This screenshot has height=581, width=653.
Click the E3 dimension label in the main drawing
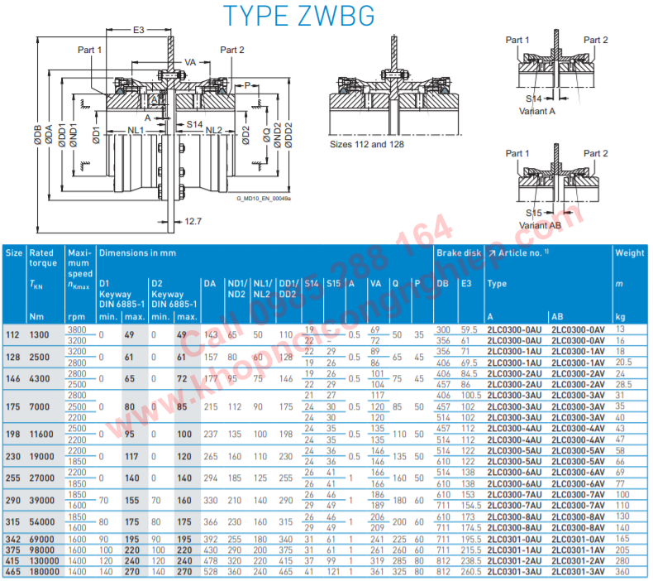(138, 30)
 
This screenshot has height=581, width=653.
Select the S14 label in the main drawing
(195, 124)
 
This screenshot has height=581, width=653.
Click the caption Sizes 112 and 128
(368, 143)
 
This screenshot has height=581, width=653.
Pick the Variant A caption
(537, 110)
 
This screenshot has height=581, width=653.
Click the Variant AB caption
(540, 224)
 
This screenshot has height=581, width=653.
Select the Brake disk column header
(458, 252)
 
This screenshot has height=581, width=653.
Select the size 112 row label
(12, 334)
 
